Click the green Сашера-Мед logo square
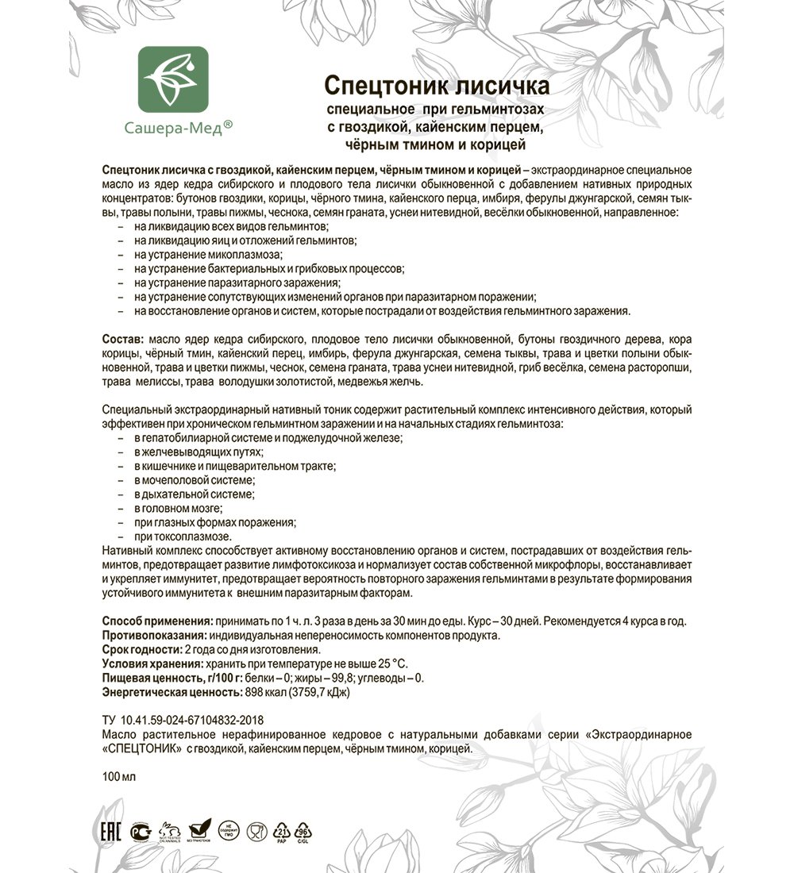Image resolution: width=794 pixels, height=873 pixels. click(173, 80)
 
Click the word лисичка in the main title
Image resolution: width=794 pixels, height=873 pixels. click(507, 86)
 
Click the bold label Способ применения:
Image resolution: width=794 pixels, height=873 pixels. click(157, 621)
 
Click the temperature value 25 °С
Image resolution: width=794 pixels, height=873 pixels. click(391, 663)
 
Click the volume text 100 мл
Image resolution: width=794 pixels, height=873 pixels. click(119, 776)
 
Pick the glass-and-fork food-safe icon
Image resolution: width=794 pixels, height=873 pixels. click(256, 832)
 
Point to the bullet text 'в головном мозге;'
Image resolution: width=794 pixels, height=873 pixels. click(178, 508)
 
